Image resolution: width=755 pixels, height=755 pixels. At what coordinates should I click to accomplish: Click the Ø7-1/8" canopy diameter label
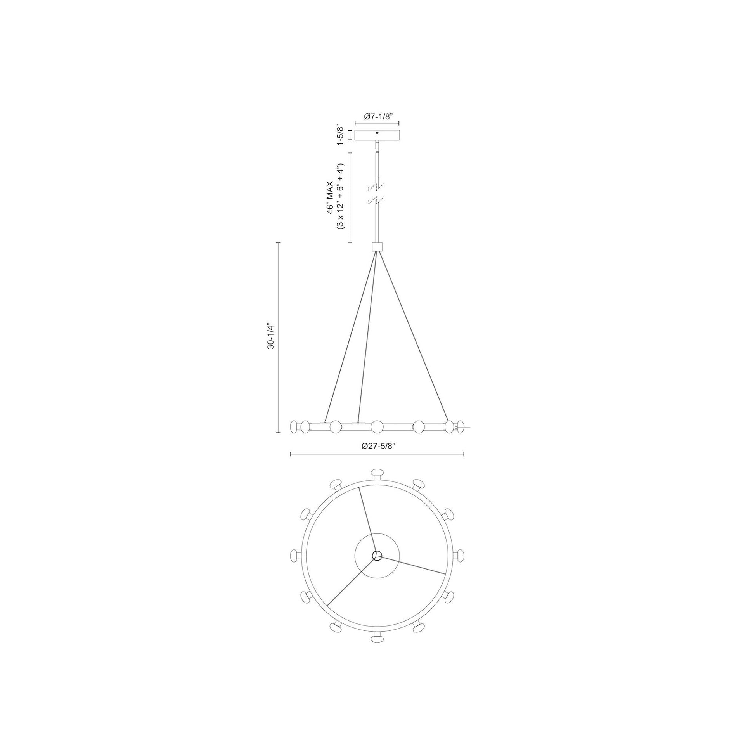click(x=377, y=116)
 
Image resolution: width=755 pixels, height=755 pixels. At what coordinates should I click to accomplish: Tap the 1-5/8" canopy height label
click(x=340, y=135)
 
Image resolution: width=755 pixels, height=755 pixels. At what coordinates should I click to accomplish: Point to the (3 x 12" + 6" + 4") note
click(x=341, y=197)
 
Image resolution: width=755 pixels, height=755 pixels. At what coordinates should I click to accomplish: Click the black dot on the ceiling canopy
click(x=377, y=133)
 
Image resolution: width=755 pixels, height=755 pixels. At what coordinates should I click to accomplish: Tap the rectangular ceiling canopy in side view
click(x=377, y=135)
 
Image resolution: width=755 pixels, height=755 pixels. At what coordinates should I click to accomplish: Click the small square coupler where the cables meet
click(x=377, y=247)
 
